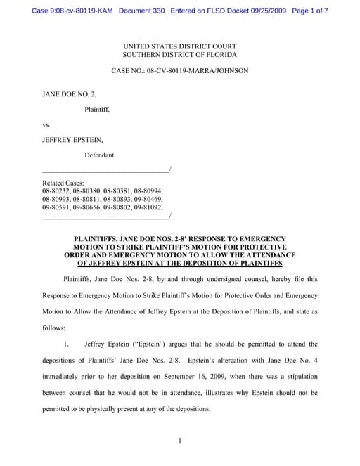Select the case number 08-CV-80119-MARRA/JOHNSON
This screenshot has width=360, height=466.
click(204, 71)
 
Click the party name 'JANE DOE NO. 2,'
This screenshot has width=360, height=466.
click(68, 93)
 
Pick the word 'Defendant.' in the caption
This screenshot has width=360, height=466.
click(101, 154)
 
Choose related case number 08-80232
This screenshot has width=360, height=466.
click(56, 190)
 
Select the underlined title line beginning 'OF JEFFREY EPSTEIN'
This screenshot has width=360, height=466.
click(179, 264)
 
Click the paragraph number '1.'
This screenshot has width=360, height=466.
click(67, 344)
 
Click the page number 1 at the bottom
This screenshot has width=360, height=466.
click(180, 441)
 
